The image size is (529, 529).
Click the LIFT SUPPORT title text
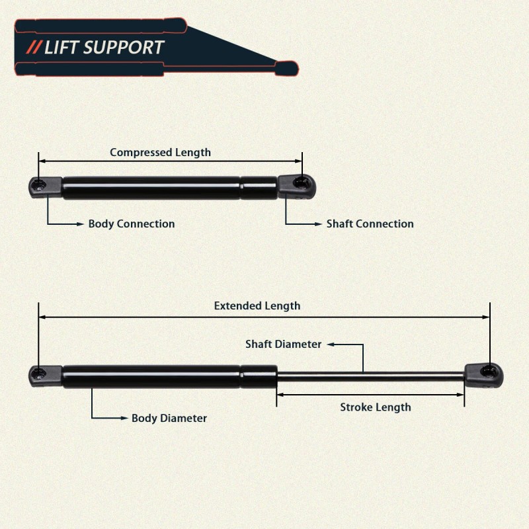[104, 48]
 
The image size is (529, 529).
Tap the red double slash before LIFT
[34, 48]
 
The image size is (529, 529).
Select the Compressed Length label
[160, 153]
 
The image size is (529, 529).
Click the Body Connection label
[132, 224]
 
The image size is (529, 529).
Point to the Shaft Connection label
[370, 224]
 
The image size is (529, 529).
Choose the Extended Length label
[257, 306]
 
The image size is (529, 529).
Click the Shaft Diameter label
[283, 345]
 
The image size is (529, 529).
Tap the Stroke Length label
[375, 407]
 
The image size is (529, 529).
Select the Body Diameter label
[169, 419]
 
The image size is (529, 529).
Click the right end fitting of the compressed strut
[297, 186]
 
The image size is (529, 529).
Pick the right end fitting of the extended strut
[484, 375]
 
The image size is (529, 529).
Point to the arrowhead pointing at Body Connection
[82, 224]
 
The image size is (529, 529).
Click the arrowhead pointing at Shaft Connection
[320, 224]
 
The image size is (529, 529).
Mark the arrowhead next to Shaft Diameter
[329, 345]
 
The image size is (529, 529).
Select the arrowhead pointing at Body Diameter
[125, 419]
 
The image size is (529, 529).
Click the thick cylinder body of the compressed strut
[152, 188]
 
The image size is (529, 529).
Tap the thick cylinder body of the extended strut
[152, 376]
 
